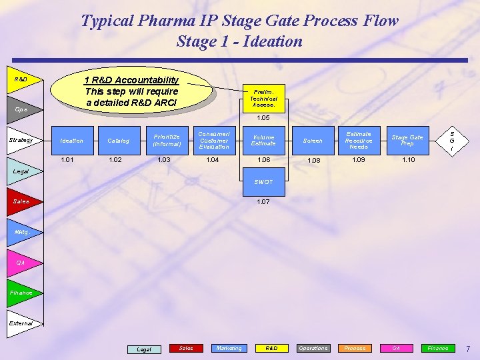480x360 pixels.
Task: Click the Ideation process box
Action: pos(71,141)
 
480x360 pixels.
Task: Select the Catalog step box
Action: pos(119,141)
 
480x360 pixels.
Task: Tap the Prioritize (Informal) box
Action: pos(167,141)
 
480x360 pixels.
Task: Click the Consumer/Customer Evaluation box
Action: pos(214,141)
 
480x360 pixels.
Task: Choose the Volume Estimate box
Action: pos(263,141)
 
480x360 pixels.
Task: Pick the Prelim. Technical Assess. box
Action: pos(263,98)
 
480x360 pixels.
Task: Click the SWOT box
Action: pos(263,182)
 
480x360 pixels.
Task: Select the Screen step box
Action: pos(313,141)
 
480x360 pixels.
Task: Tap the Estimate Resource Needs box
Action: pos(359,141)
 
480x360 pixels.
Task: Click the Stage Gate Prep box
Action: pos(407,141)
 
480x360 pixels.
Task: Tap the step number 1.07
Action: pos(263,201)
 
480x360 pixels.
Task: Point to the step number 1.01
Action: pos(68,160)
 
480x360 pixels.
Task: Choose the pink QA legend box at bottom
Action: pos(395,348)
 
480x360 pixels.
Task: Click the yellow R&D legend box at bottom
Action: pos(271,348)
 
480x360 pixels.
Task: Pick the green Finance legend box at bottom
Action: pos(437,348)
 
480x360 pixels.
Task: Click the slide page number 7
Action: pos(468,349)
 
